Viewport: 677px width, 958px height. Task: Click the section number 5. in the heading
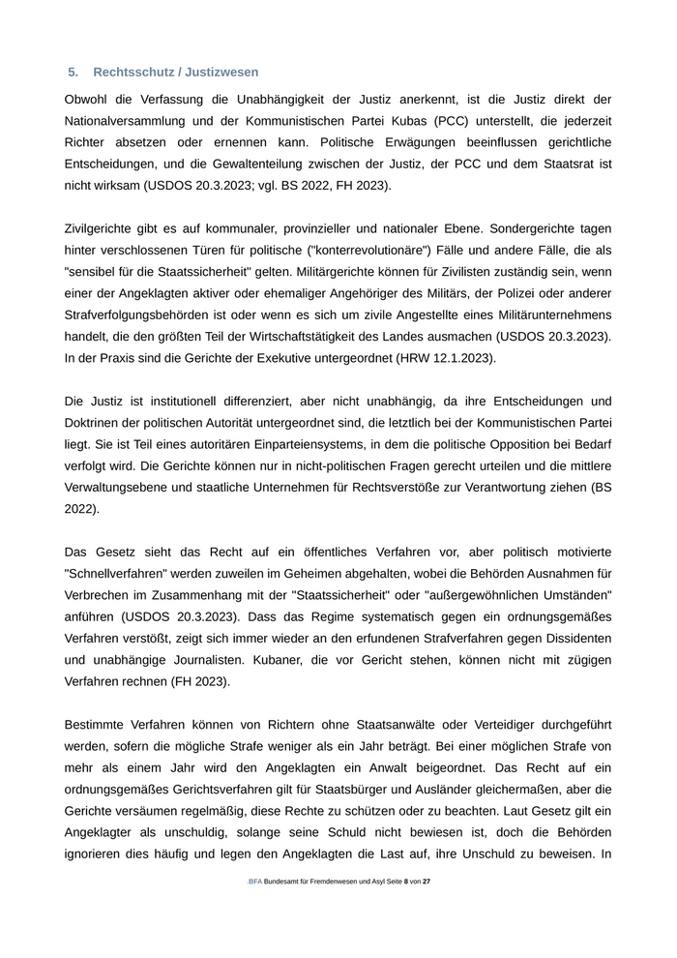click(74, 73)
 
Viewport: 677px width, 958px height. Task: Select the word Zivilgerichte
click(103, 229)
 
